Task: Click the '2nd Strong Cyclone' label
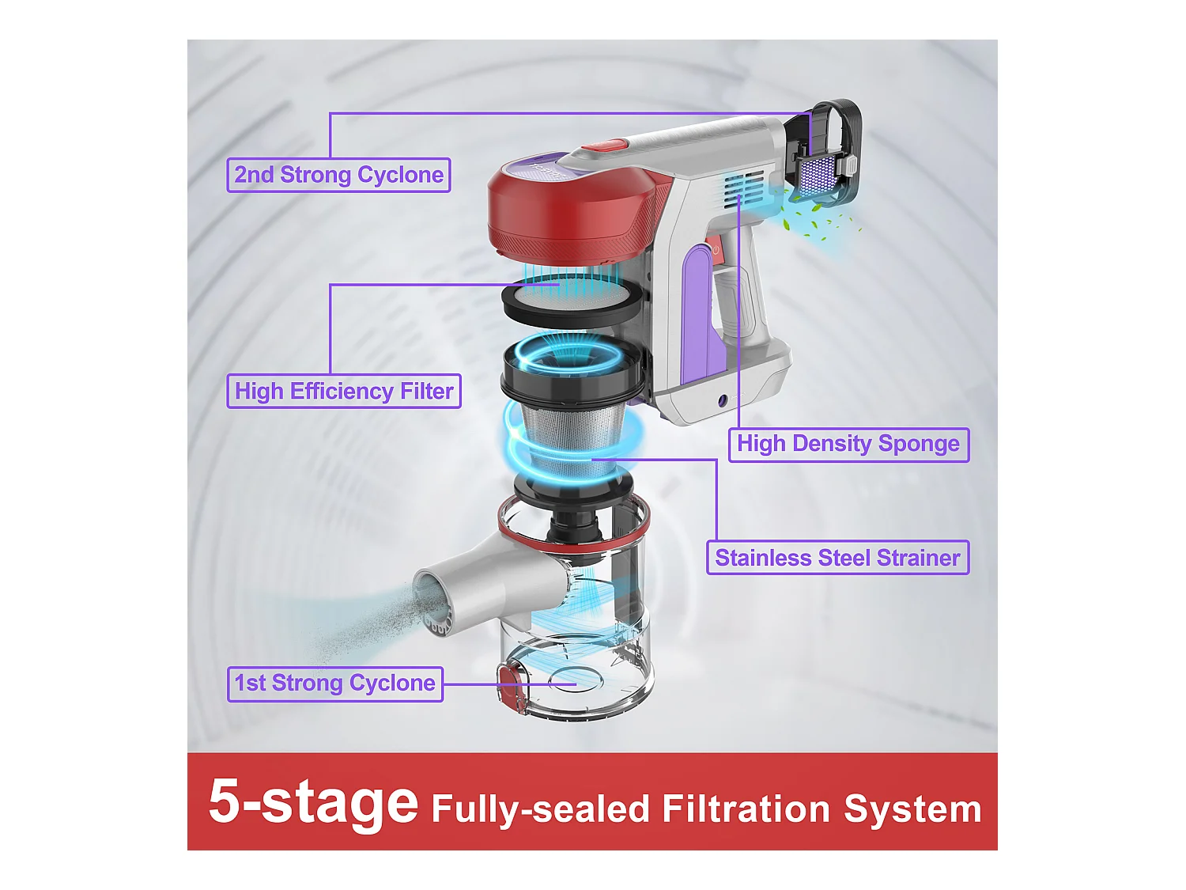click(x=338, y=175)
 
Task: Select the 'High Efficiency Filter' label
click(x=344, y=392)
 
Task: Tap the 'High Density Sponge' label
click(x=848, y=444)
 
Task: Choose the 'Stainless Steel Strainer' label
click(x=837, y=558)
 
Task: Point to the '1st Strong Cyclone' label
click(x=335, y=684)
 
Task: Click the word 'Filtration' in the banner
click(x=746, y=809)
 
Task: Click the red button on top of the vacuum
click(x=605, y=145)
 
